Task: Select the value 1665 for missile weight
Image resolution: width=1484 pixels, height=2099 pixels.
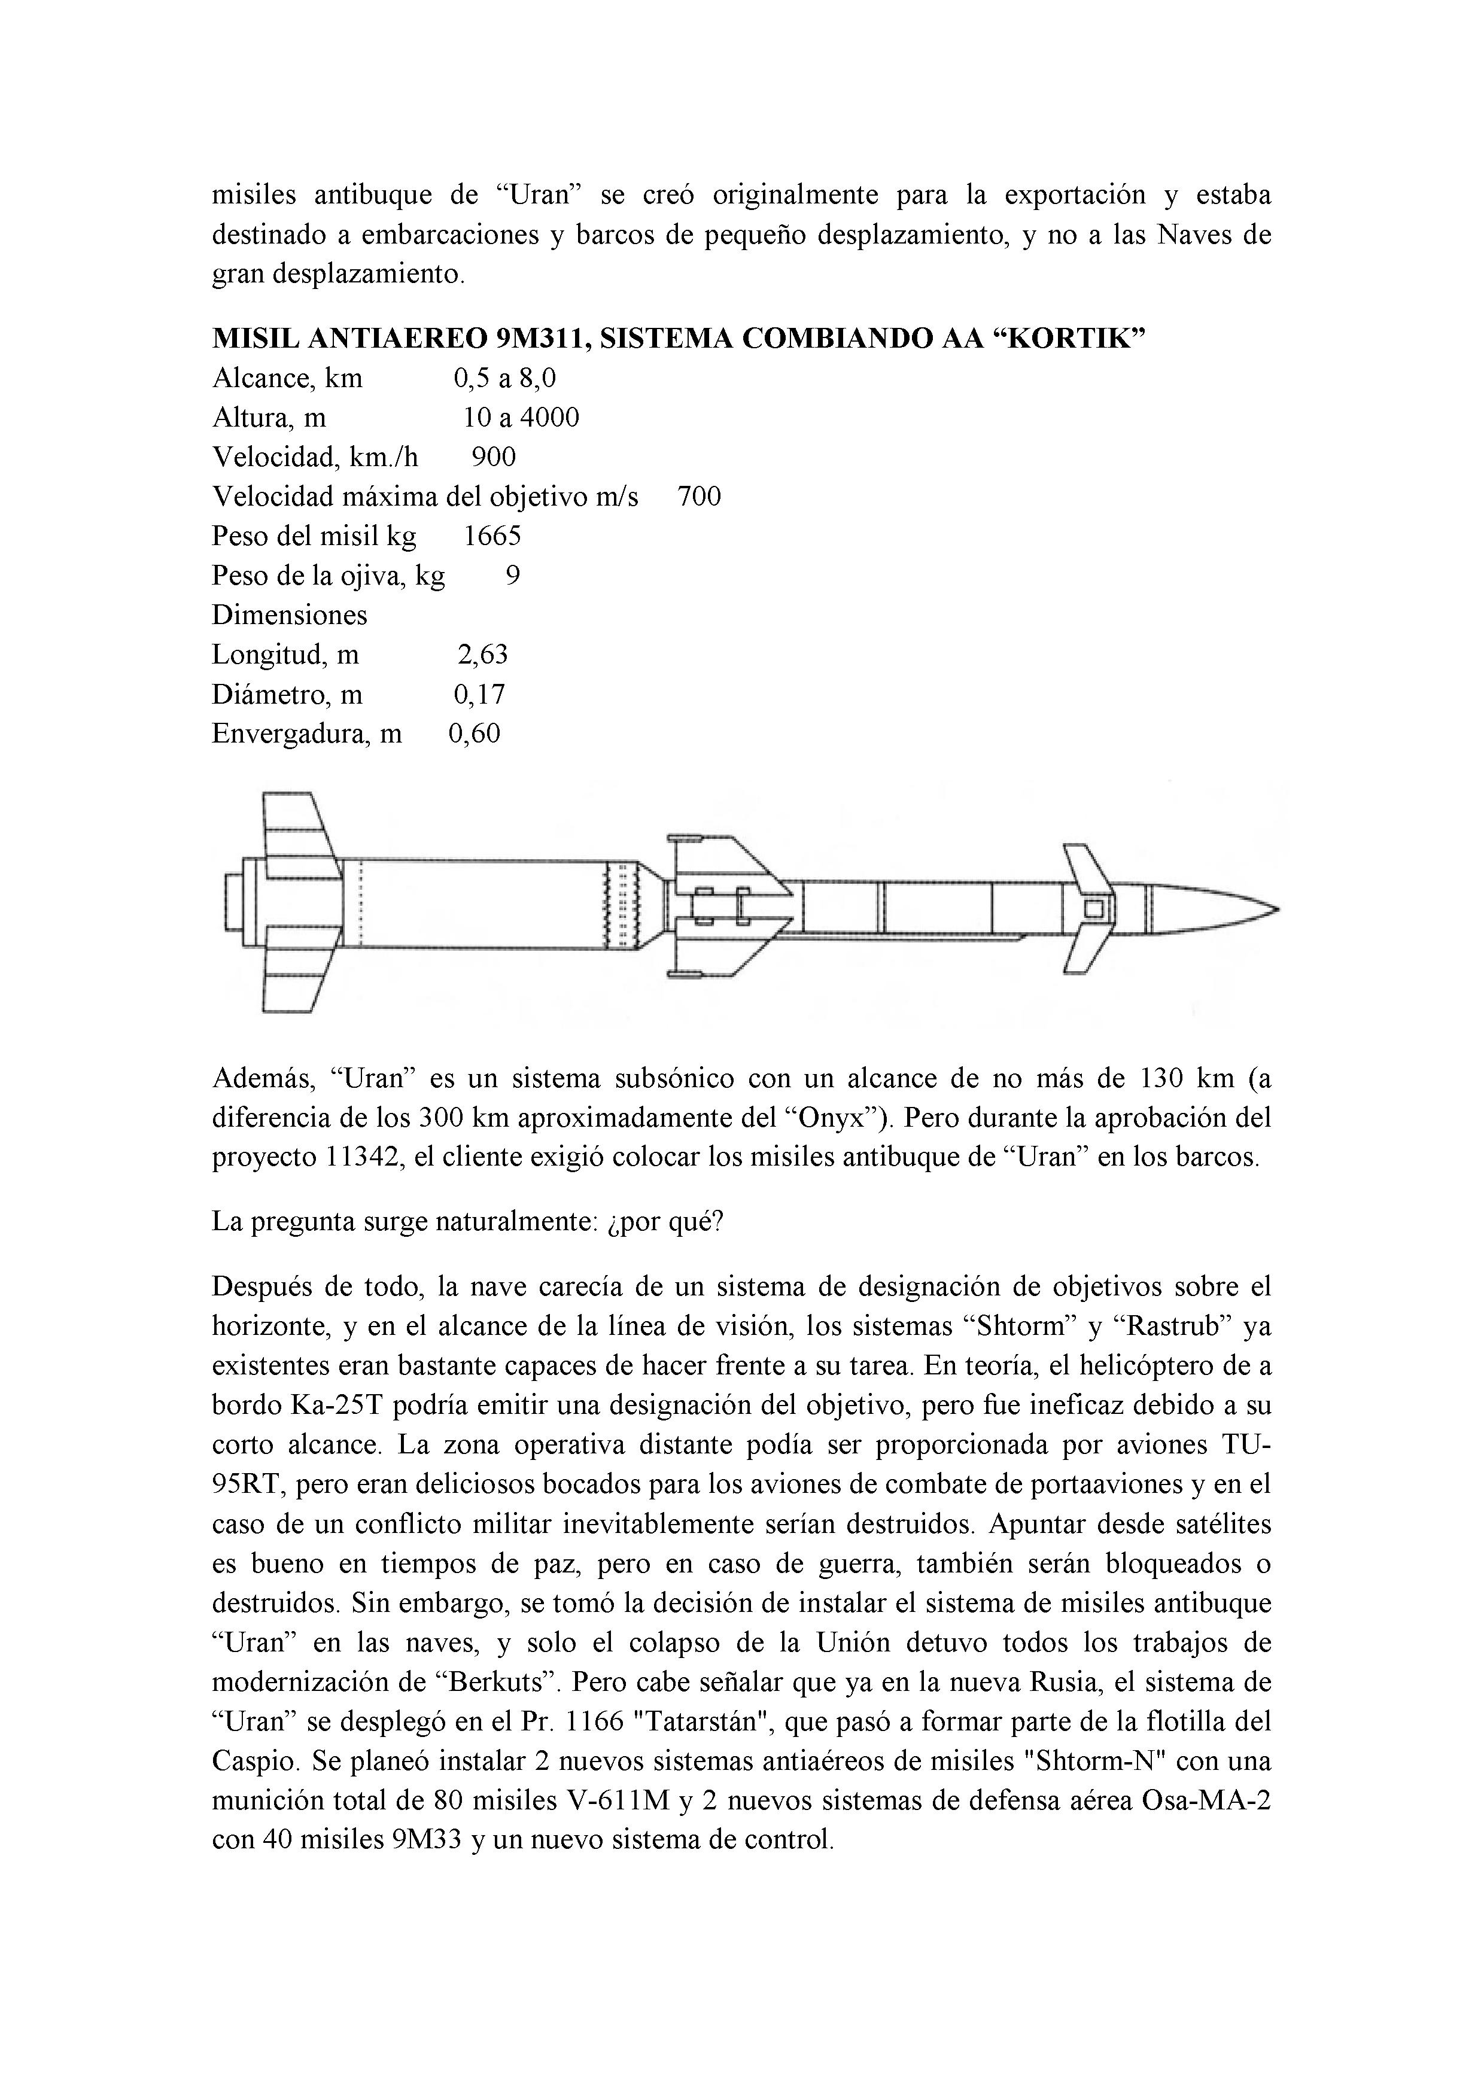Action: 492,537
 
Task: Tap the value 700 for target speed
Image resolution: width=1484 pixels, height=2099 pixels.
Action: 698,497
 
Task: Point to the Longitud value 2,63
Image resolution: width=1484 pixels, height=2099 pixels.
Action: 482,655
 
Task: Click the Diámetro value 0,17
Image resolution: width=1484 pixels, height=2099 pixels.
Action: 479,695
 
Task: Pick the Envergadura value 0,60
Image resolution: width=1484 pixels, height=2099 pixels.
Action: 475,734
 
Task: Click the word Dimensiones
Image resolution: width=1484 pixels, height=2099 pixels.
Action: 289,615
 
